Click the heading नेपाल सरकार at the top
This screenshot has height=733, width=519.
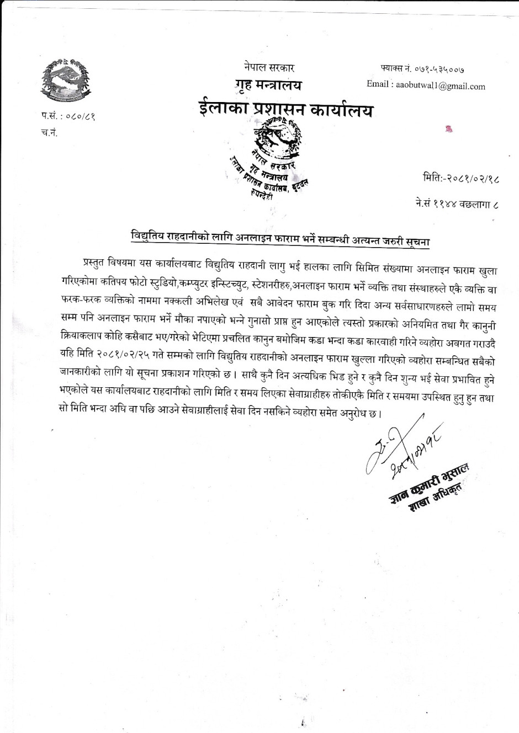[269, 68]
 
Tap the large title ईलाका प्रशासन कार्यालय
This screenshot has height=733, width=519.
[285, 109]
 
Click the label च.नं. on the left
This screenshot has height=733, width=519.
[50, 133]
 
